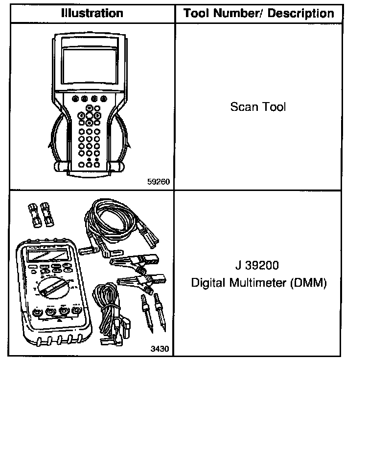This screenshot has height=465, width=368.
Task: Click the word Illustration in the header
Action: [x=92, y=13]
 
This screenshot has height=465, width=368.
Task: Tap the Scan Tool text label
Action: [x=258, y=107]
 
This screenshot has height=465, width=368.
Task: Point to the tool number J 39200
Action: [x=258, y=267]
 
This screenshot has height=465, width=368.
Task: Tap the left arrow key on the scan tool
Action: [x=80, y=116]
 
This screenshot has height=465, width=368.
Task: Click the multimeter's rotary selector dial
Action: [x=53, y=287]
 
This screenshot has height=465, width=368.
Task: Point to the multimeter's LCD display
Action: [x=47, y=255]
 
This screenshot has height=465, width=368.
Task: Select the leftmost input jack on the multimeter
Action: [x=37, y=312]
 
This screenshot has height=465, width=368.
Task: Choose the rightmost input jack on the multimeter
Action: [x=76, y=311]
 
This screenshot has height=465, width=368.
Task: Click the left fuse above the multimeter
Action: [x=35, y=214]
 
